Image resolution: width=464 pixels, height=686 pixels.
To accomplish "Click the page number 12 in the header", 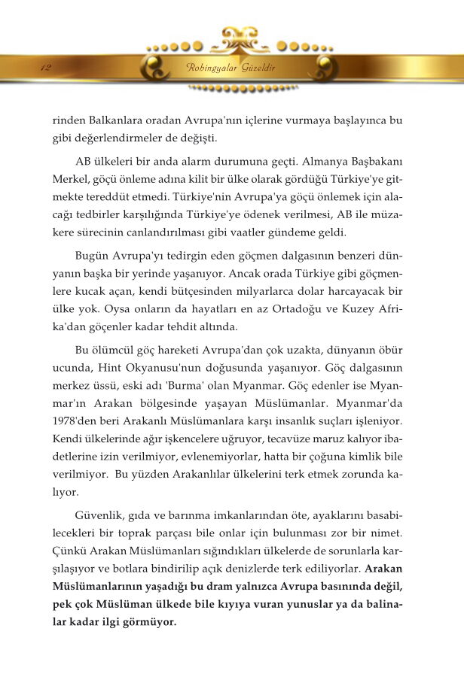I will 46,68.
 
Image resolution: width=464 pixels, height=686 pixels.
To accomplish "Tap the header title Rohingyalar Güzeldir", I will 230,68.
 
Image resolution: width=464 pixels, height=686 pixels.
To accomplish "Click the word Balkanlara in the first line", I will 112,120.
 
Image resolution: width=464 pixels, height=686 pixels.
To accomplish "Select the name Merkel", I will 69,181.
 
